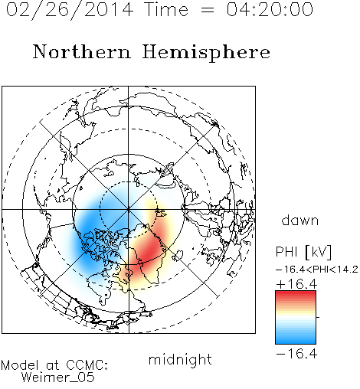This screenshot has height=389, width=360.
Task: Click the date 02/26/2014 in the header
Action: [x=70, y=10]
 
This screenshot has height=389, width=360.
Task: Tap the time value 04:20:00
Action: [x=270, y=9]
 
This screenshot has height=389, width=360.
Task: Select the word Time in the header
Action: [x=166, y=9]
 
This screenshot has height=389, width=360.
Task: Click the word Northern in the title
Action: [x=82, y=51]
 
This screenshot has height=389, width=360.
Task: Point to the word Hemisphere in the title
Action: [x=206, y=52]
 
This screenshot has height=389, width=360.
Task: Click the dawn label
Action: [x=300, y=220]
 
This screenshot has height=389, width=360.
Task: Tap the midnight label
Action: [x=180, y=360]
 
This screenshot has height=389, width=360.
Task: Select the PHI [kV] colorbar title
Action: [x=303, y=252]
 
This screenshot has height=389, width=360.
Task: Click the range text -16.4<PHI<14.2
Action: [x=317, y=270]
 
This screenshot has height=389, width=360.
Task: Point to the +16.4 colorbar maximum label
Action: [x=296, y=284]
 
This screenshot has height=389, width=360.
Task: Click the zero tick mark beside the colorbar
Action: [x=318, y=317]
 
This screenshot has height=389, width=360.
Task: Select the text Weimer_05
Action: [x=58, y=378]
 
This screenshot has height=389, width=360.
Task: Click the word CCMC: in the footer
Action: [x=87, y=365]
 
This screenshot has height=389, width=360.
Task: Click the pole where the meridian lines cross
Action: [x=128, y=210]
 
